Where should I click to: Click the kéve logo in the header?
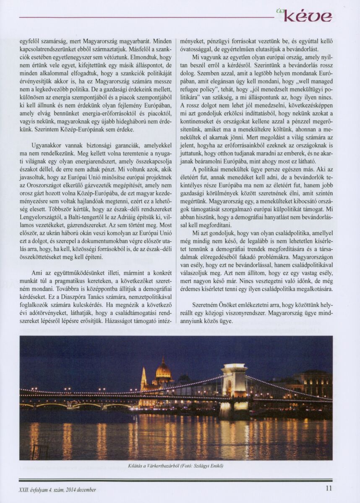308,17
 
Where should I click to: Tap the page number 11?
329,489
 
